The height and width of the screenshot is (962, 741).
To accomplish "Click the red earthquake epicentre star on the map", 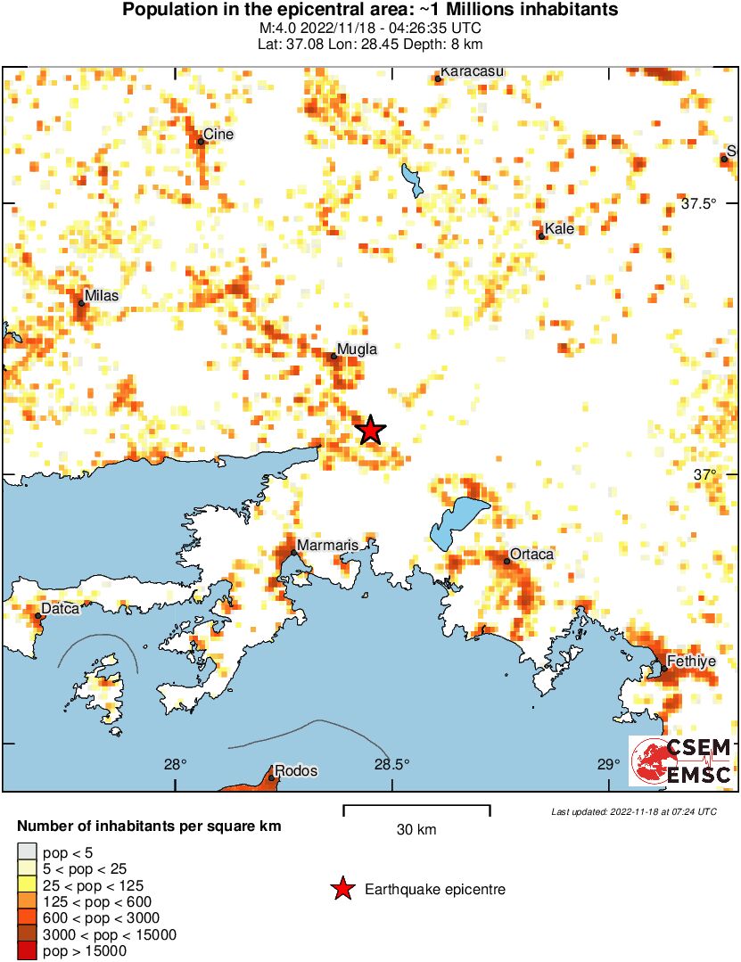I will pos(370,431).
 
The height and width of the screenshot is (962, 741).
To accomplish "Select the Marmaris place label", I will pos(326,545).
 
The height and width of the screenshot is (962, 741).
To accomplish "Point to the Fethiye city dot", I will pos(664,669).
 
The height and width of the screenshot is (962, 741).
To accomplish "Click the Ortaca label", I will pos(531,555).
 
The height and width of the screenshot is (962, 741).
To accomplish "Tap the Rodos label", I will pos(296,771).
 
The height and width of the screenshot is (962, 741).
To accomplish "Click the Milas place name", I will pos(100,295).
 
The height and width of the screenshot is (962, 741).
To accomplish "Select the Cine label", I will pos(218,135).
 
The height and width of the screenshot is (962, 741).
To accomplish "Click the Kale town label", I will pos(559,229).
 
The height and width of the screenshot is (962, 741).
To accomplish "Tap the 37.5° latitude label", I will pos(699,204).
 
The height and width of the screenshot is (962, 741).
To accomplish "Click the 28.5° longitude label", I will pos(391,764).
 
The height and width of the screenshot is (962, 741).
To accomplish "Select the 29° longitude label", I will pos(608,764).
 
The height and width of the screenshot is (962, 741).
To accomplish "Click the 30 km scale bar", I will pos(416,810).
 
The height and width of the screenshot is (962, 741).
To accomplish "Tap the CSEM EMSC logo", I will pos(681,761).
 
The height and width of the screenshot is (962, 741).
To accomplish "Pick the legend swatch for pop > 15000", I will pos(27,951).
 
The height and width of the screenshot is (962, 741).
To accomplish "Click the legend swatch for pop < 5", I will pos(27,851).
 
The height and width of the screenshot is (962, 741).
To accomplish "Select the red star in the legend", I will pos(342,889).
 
